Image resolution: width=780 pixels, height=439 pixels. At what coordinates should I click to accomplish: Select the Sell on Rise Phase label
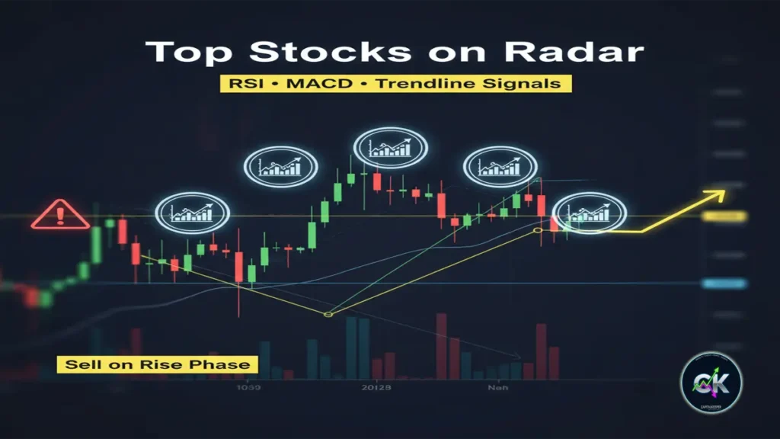tap(157, 364)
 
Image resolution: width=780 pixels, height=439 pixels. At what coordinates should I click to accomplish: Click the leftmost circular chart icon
tap(191, 213)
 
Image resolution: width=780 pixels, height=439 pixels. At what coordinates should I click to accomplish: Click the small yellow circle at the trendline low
tap(328, 314)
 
